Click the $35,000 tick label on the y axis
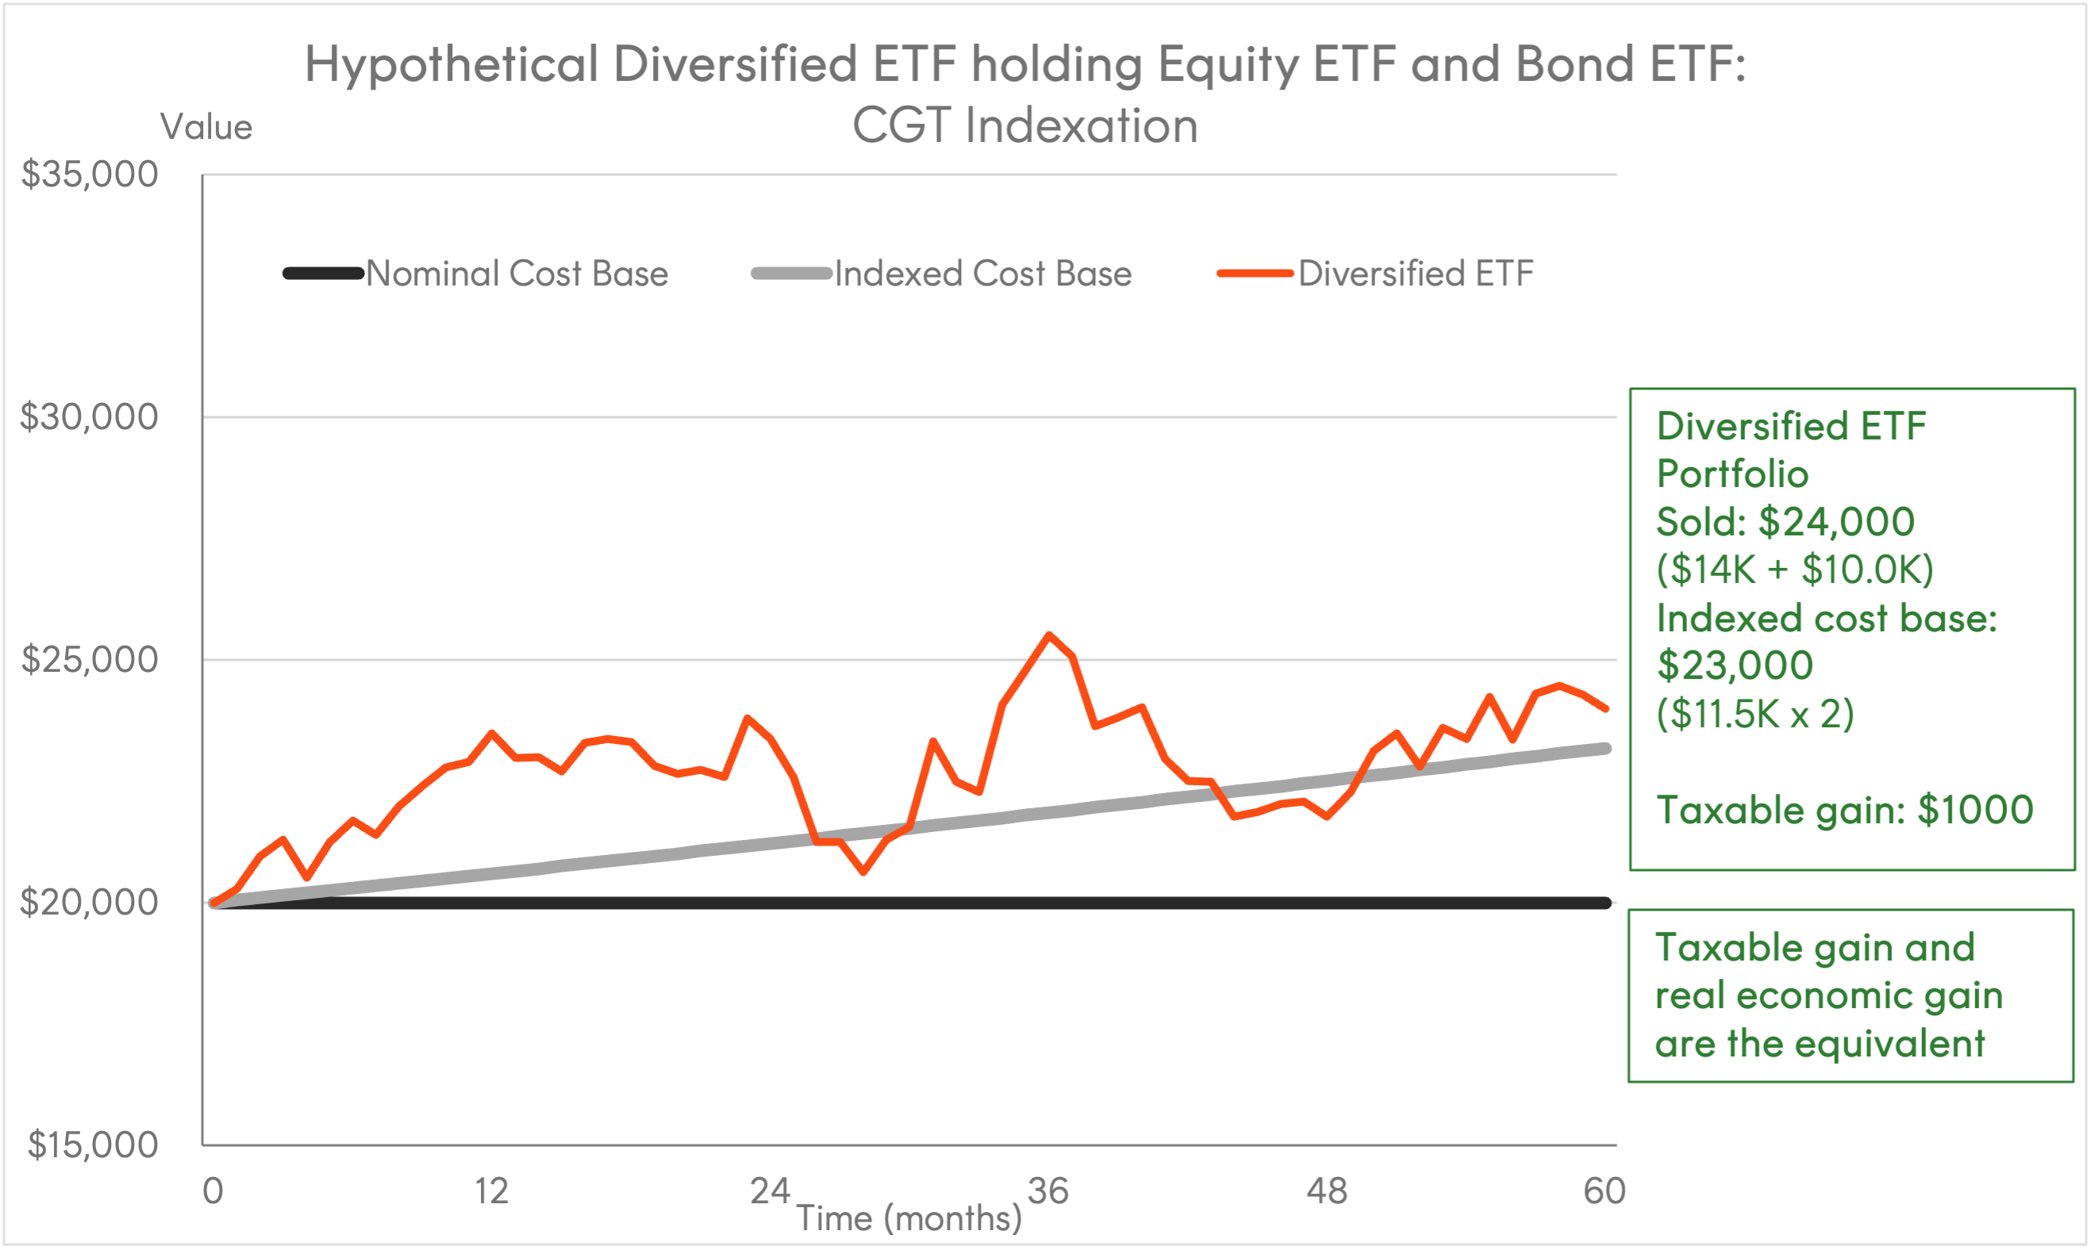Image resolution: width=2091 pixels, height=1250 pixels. pyautogui.click(x=90, y=174)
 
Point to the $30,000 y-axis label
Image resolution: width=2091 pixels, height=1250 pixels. pyautogui.click(x=90, y=417)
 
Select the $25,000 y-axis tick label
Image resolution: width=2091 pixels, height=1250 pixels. pyautogui.click(x=90, y=660)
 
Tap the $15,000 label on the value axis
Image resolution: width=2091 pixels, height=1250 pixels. pyautogui.click(x=93, y=1145)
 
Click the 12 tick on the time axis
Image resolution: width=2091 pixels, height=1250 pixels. pyautogui.click(x=491, y=1191)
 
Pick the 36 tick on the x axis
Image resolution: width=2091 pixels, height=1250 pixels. pyautogui.click(x=1048, y=1191)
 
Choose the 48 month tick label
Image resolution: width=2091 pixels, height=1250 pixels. pyautogui.click(x=1327, y=1191)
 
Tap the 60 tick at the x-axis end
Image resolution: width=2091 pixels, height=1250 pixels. pyautogui.click(x=1604, y=1191)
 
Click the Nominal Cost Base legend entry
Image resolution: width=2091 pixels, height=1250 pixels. pyautogui.click(x=476, y=274)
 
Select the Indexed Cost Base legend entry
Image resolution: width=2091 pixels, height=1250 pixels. pyautogui.click(x=941, y=274)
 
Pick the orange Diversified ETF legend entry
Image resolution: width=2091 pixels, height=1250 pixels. pyautogui.click(x=1375, y=274)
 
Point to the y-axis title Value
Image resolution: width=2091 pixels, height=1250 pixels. pyautogui.click(x=206, y=127)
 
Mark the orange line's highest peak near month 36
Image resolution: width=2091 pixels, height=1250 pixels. pyautogui.click(x=1049, y=635)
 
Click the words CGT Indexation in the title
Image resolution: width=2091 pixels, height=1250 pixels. pyautogui.click(x=1025, y=125)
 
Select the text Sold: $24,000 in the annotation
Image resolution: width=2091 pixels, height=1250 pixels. pyautogui.click(x=1785, y=521)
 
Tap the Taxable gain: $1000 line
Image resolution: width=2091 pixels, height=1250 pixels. pyautogui.click(x=1845, y=810)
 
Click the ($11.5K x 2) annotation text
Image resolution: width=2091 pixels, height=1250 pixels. pyautogui.click(x=1755, y=715)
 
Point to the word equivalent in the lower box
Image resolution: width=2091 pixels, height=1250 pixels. pyautogui.click(x=1889, y=1044)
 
